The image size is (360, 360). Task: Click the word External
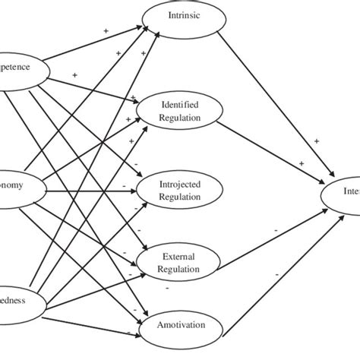pyautogui.click(x=180, y=257)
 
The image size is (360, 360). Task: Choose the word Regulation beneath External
pyautogui.click(x=180, y=269)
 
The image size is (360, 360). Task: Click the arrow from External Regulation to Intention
pyautogui.click(x=273, y=228)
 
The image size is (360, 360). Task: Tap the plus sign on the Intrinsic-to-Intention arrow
pyautogui.click(x=317, y=141)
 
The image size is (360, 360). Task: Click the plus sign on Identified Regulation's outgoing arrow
pyautogui.click(x=302, y=163)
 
